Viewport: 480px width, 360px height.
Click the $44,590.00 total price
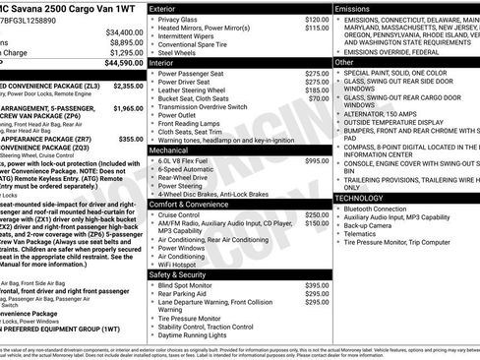pyautogui.click(x=120, y=62)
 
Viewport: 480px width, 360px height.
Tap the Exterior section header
pyautogui.click(x=168, y=8)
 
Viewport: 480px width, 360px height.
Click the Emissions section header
pyautogui.click(x=353, y=8)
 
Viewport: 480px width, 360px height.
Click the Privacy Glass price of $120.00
pyautogui.click(x=317, y=19)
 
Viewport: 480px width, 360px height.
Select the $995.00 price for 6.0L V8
pyautogui.click(x=317, y=160)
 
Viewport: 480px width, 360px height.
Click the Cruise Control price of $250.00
pyautogui.click(x=317, y=214)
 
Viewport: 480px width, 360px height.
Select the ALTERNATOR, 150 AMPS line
pyautogui.click(x=385, y=113)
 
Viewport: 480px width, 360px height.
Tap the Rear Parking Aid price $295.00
pyautogui.click(x=317, y=294)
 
